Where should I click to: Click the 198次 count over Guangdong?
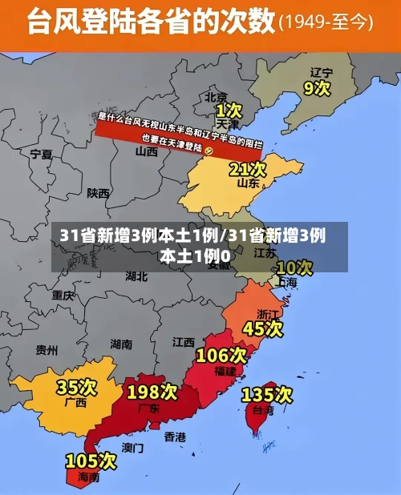(152, 392)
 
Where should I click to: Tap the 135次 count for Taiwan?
(266, 394)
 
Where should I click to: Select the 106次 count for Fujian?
(221, 355)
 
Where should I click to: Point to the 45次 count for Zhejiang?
(263, 328)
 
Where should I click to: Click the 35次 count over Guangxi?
(76, 388)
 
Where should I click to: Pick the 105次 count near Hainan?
(91, 461)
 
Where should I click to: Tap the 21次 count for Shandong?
(247, 169)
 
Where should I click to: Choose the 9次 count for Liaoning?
(317, 87)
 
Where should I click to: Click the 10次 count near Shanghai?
(294, 267)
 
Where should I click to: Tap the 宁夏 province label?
(41, 154)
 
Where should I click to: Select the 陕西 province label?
(99, 193)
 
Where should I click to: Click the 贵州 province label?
(47, 350)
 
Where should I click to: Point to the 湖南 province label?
(121, 344)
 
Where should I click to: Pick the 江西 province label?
(184, 341)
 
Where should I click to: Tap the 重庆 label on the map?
(63, 295)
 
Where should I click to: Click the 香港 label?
(175, 437)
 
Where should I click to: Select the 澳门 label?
(133, 447)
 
